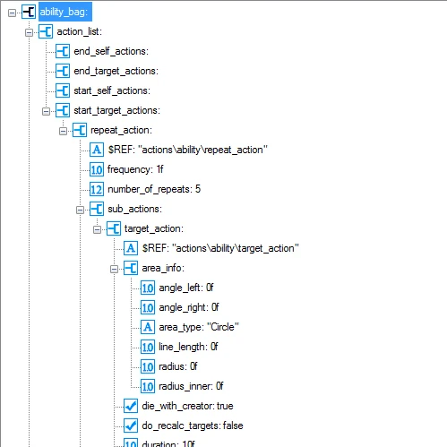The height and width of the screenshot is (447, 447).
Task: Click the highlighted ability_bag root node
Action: (x=64, y=12)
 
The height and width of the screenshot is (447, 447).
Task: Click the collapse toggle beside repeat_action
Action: (x=63, y=130)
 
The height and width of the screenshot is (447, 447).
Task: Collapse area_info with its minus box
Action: (x=114, y=268)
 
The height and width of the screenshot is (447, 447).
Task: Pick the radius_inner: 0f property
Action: (x=191, y=386)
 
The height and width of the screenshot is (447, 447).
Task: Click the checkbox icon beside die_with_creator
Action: (x=130, y=406)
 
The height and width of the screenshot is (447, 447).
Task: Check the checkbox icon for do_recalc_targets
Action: (x=130, y=426)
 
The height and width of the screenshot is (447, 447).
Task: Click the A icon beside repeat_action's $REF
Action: (x=98, y=150)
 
